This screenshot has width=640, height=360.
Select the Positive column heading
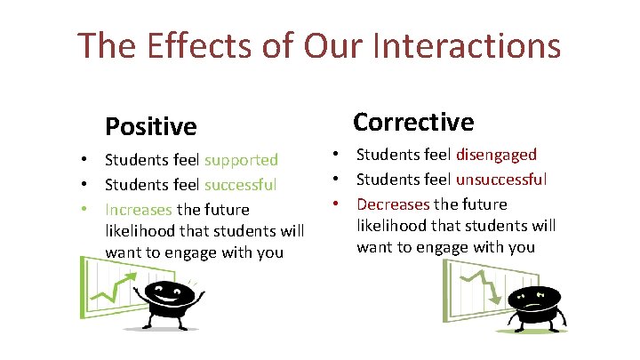click(150, 127)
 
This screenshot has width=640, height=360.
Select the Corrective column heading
click(413, 121)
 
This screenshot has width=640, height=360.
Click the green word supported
click(241, 161)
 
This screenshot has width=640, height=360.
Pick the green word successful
click(241, 186)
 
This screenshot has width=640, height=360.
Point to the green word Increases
click(139, 211)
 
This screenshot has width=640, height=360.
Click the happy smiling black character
click(169, 300)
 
